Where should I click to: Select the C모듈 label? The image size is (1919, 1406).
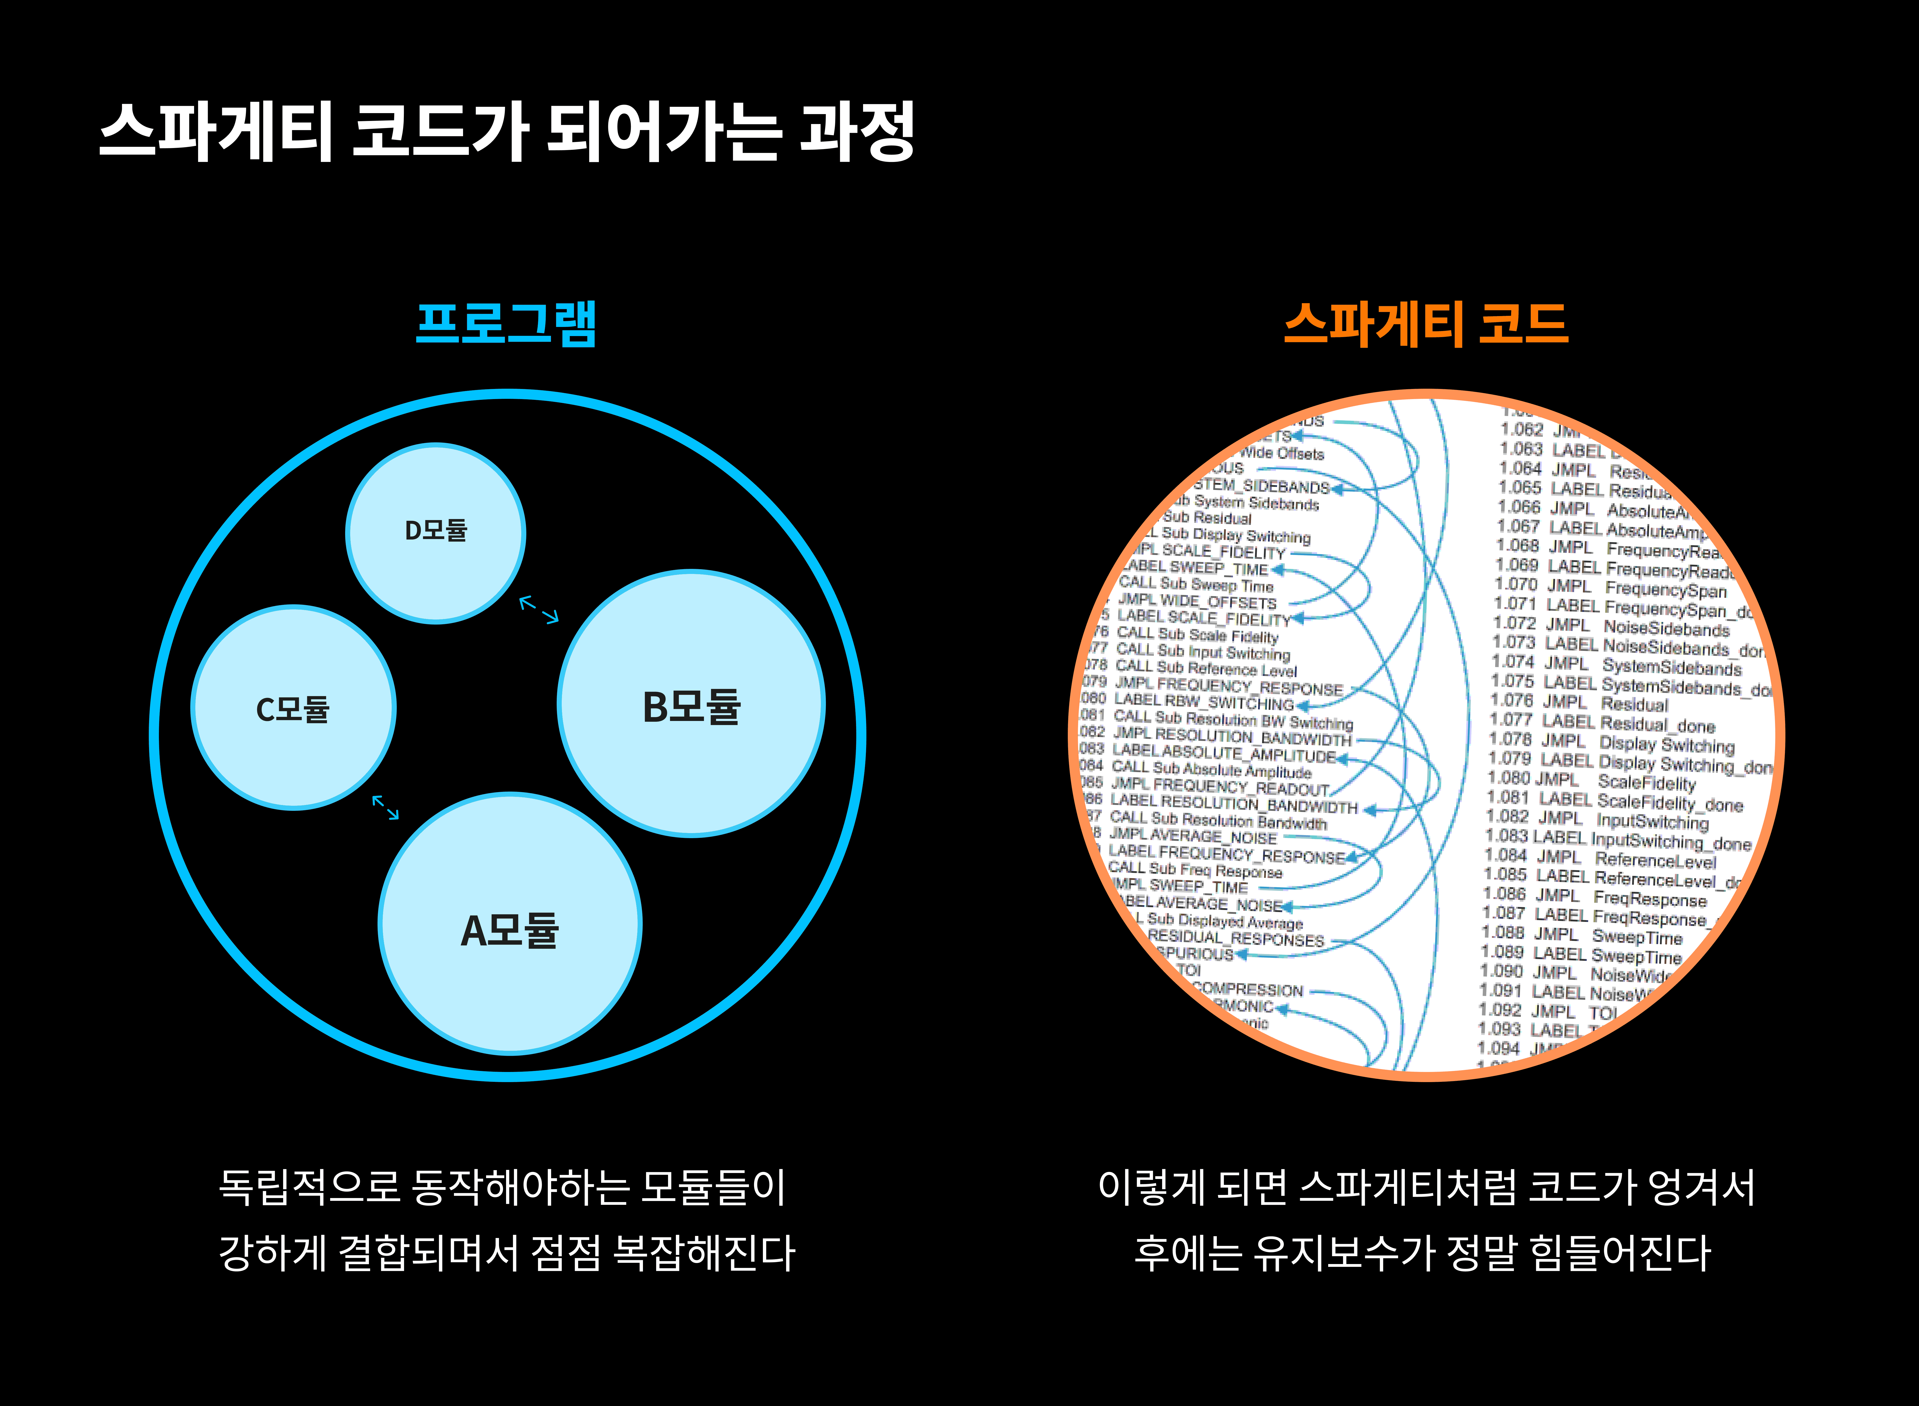293,709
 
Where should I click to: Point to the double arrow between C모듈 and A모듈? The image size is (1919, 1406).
386,807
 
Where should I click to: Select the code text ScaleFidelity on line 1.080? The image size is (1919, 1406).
1647,782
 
